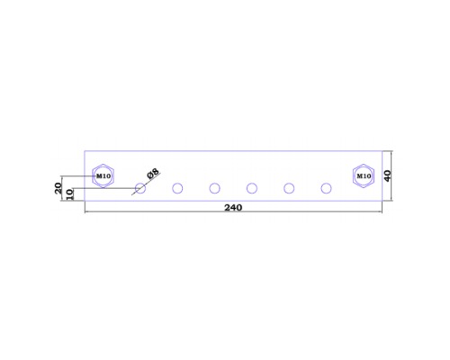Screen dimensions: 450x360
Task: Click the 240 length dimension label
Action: click(233, 208)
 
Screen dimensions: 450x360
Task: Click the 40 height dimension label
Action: click(388, 175)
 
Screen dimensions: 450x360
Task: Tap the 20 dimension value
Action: click(58, 188)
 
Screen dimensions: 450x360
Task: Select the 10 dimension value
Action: click(69, 194)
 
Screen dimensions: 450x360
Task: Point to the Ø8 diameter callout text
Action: click(153, 174)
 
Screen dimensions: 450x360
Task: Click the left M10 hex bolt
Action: click(103, 176)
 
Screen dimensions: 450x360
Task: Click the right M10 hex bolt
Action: click(364, 176)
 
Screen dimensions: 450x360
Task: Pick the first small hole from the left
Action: click(140, 188)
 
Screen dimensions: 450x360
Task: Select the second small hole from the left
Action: click(177, 188)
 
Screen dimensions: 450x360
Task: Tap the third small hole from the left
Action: click(214, 188)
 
